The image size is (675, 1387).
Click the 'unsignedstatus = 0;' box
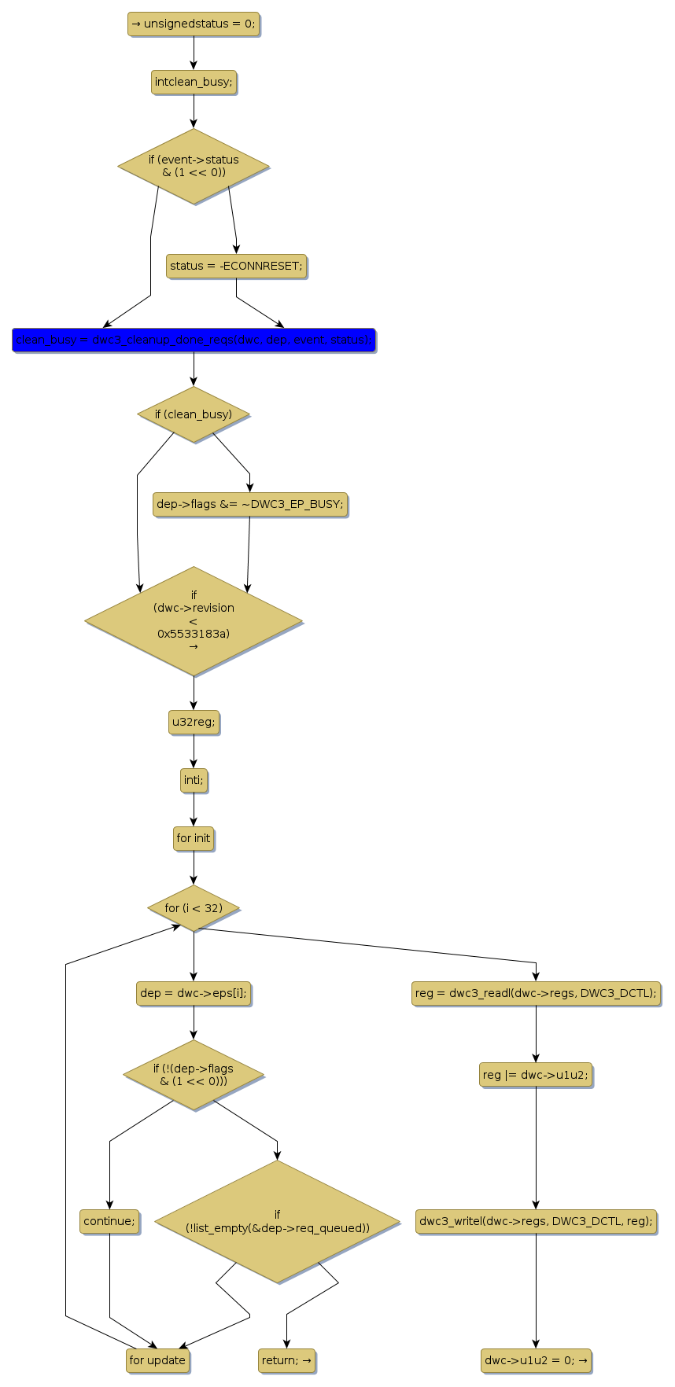coord(193,24)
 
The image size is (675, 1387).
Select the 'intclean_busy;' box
coord(194,82)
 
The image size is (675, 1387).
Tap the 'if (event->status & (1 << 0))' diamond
coord(194,166)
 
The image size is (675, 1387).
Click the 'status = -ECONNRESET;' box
coord(236,266)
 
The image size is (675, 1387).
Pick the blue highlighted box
coord(194,340)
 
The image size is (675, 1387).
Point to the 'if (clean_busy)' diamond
coord(194,414)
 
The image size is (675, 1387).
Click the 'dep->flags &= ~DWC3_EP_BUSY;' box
coord(250,504)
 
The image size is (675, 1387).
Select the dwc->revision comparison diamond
coord(194,620)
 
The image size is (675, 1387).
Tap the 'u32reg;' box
coord(194,722)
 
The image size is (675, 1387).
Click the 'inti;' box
coord(194,780)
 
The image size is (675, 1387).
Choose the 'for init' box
coord(194,838)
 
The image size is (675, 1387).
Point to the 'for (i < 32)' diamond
coord(194,908)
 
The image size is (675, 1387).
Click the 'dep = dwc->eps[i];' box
coord(194,993)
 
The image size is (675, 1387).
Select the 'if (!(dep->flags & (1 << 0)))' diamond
coord(194,1075)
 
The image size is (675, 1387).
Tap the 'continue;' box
coord(109,1221)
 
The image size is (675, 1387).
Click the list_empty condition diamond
coord(277,1221)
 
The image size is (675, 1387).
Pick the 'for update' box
coord(157,1360)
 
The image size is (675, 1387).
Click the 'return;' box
coord(286,1360)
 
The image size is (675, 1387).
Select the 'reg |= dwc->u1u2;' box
coord(536,1075)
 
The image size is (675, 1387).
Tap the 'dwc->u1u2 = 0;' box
coord(536,1360)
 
